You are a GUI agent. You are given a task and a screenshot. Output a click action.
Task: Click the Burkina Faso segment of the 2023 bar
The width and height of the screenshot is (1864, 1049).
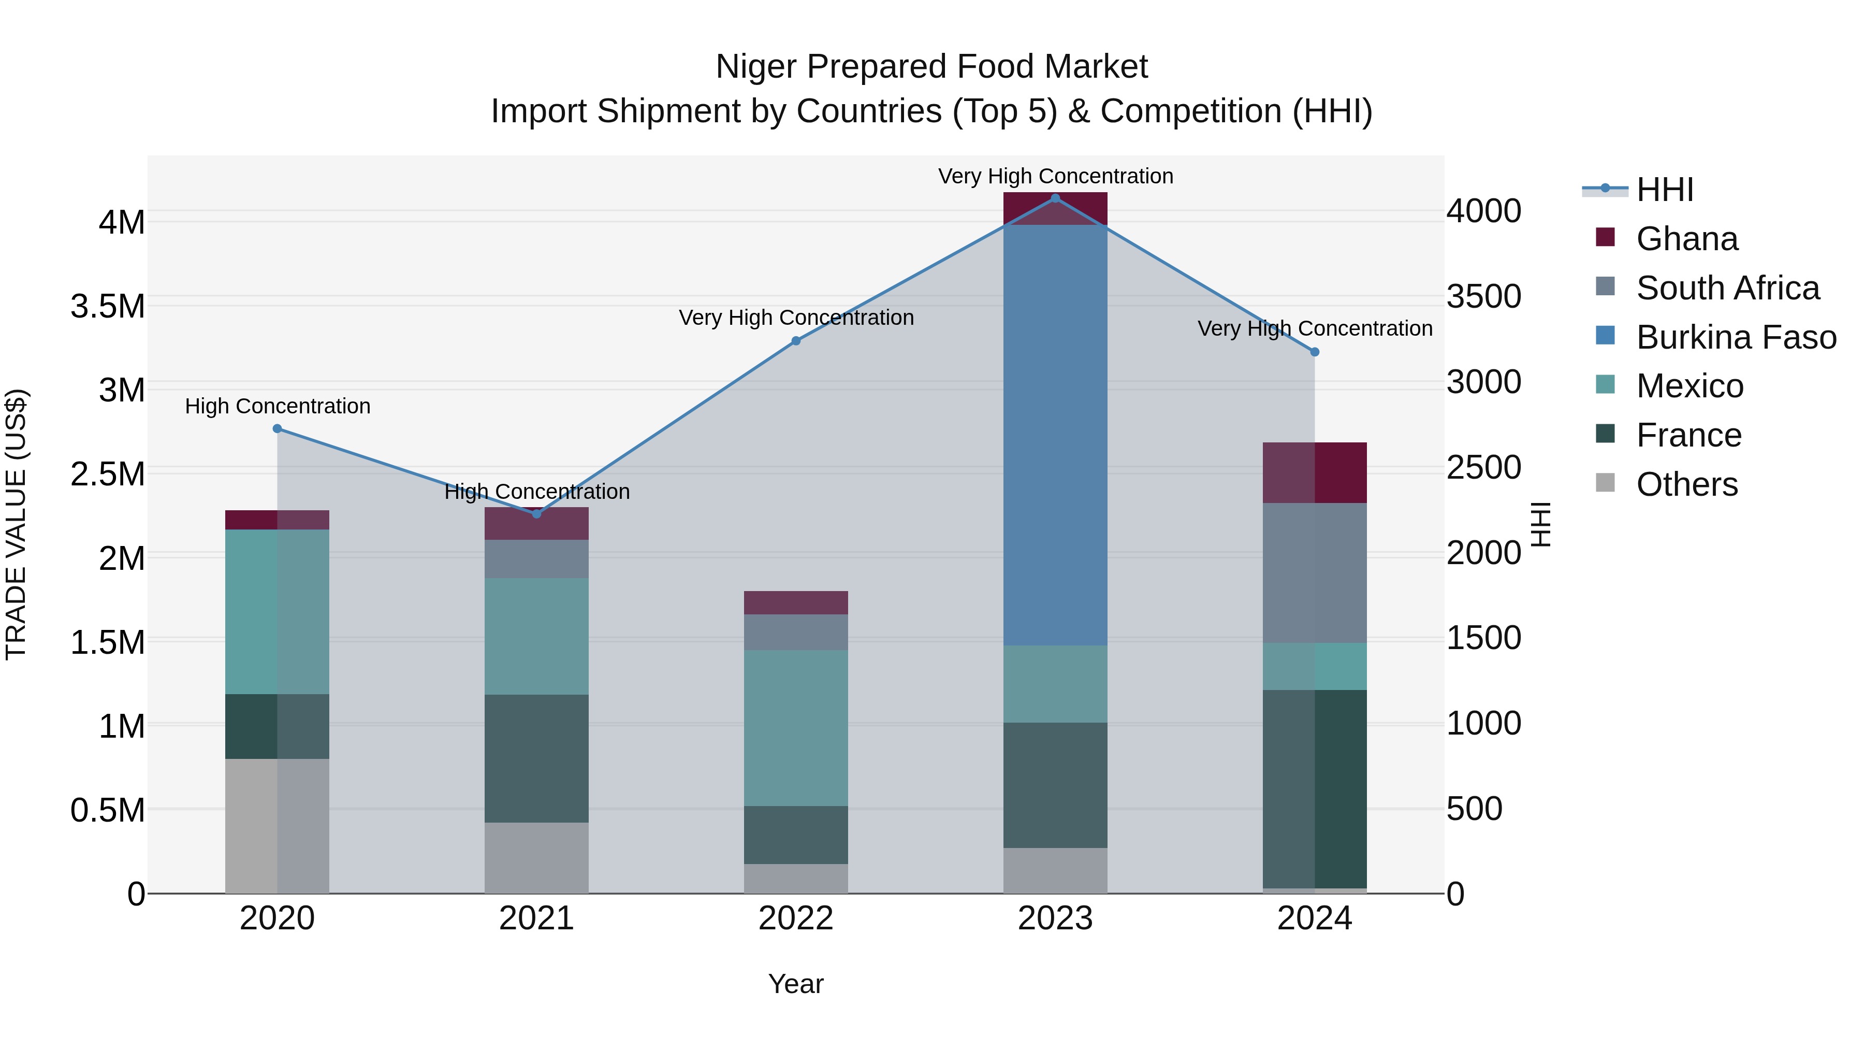(x=1055, y=435)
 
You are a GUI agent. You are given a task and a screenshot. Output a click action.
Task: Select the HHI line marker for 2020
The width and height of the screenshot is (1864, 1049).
(x=277, y=428)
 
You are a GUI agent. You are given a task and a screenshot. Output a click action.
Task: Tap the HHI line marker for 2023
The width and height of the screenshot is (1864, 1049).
(x=1055, y=198)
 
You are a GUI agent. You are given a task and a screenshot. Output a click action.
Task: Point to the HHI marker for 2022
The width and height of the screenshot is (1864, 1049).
(x=796, y=341)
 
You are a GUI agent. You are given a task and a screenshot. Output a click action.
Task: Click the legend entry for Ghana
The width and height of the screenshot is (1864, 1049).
(x=1686, y=239)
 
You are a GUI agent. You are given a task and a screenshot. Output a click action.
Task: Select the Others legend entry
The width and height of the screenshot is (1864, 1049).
(x=1686, y=484)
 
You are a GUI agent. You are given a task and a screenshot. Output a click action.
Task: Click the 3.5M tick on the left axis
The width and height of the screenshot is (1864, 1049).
(x=108, y=306)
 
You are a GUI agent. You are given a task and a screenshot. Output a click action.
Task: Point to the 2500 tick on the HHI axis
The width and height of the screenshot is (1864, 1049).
(x=1483, y=468)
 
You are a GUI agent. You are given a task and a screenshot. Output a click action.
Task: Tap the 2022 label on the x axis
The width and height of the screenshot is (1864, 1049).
(x=796, y=918)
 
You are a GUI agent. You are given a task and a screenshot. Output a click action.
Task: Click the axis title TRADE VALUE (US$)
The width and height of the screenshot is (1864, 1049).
(x=16, y=524)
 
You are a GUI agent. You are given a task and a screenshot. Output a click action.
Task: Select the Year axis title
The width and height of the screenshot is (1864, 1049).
(x=796, y=984)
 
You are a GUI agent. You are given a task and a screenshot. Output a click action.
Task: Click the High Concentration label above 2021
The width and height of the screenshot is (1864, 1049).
(x=537, y=492)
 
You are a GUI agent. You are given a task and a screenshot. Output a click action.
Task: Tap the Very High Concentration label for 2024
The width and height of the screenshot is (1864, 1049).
(x=1315, y=328)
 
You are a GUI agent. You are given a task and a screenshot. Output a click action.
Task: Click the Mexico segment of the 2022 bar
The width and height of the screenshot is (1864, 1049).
(x=796, y=728)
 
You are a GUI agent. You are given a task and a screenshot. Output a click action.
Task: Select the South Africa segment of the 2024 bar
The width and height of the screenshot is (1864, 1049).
(x=1315, y=572)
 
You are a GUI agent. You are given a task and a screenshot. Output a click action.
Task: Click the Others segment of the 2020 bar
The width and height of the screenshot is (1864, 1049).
(x=277, y=825)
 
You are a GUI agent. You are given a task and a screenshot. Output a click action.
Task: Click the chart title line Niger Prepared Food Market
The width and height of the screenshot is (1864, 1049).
(x=931, y=67)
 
